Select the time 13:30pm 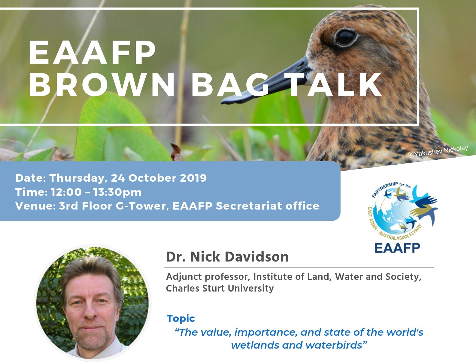tap(117, 192)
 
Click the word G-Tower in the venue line tap(142, 206)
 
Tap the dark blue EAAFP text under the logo tap(397, 248)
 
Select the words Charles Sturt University tap(220, 289)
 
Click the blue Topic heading tap(181, 318)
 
